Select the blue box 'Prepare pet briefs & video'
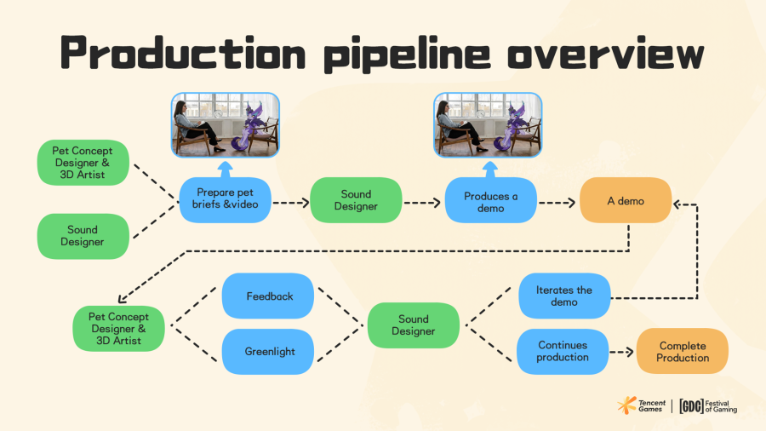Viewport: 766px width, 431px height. [x=225, y=200]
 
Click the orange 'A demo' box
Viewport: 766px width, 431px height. [x=626, y=201]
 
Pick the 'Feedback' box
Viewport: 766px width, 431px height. [x=269, y=296]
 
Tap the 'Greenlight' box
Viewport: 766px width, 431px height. [x=269, y=351]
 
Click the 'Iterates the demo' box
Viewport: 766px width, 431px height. [x=564, y=296]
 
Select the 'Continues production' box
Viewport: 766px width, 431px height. [x=563, y=351]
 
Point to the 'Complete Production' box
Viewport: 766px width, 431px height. [x=683, y=351]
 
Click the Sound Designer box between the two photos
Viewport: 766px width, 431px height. [x=356, y=200]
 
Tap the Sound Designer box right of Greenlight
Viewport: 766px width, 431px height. [x=414, y=325]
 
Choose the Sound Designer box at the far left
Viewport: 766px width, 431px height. [x=83, y=235]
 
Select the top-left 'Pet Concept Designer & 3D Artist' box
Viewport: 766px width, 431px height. [x=83, y=162]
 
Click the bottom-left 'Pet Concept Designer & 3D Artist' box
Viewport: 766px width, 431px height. [x=117, y=328]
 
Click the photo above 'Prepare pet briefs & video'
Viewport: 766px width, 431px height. [x=226, y=125]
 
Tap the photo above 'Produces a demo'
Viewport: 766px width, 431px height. [x=489, y=125]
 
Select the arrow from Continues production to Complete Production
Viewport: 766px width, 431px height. [x=623, y=351]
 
